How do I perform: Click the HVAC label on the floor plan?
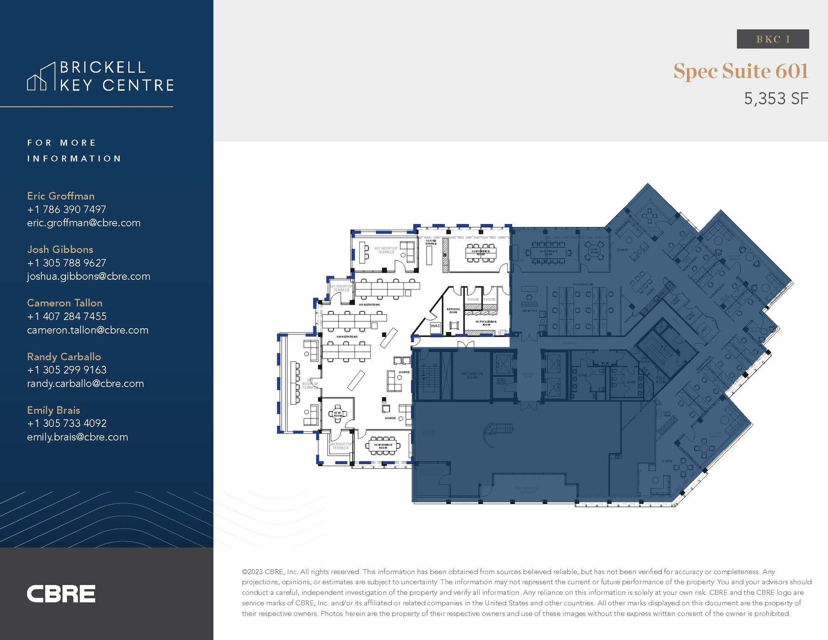[435, 326]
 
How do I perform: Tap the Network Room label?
[453, 310]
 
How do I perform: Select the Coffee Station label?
[431, 242]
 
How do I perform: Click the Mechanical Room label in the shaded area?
[472, 375]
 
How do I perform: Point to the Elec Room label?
[501, 381]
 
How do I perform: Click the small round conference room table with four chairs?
[337, 414]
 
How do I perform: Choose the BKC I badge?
[773, 39]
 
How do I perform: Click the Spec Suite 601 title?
[741, 71]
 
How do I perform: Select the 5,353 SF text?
[776, 99]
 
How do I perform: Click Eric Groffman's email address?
[84, 223]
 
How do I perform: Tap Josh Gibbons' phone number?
[67, 263]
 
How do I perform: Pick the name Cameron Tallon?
[65, 303]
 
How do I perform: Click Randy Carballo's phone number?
[67, 370]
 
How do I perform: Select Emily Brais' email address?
[78, 437]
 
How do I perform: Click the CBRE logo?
[61, 594]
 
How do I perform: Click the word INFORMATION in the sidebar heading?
[74, 158]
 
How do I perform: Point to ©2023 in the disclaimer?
[252, 572]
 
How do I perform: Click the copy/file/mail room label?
[486, 323]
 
